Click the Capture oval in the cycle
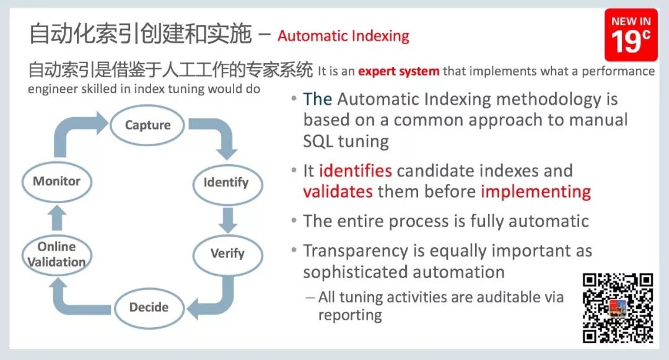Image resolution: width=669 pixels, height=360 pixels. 147,125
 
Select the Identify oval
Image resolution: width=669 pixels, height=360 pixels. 227,183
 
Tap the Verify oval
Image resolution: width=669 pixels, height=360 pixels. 227,254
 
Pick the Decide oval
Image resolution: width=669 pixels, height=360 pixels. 149,307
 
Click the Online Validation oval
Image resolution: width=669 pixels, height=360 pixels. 57,255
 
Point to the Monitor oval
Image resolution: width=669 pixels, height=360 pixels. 57,182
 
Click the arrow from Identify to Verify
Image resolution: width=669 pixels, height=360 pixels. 228,220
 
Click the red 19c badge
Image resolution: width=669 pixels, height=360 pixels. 631,35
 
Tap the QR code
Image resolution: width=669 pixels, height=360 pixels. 618,308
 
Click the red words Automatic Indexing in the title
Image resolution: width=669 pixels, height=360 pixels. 343,36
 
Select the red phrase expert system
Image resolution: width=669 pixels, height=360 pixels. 398,71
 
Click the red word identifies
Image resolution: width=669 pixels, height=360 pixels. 356,170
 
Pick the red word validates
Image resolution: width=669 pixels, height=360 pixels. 338,191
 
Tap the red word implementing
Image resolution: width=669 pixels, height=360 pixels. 536,192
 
